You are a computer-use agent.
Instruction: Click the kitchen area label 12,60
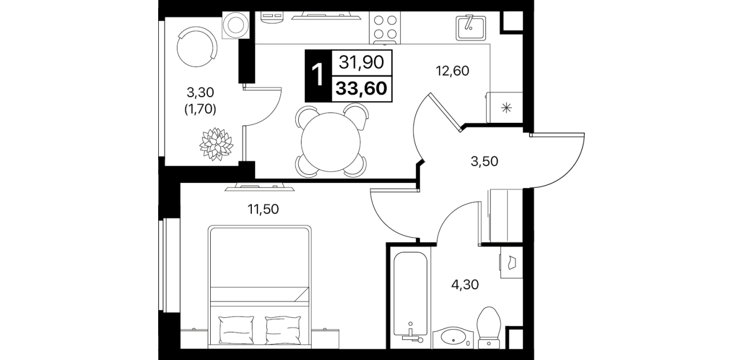pyautogui.click(x=452, y=71)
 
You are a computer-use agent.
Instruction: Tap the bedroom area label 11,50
pyautogui.click(x=263, y=209)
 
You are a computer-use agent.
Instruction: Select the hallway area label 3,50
pyautogui.click(x=484, y=162)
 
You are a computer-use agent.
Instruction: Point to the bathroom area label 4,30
pyautogui.click(x=465, y=285)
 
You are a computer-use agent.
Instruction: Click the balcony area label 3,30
pyautogui.click(x=200, y=93)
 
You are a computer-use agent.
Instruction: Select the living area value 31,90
pyautogui.click(x=361, y=62)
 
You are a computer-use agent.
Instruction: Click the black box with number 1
pyautogui.click(x=318, y=76)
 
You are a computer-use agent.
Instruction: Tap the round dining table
pyautogui.click(x=331, y=142)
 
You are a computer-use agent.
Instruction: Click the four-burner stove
pyautogui.click(x=385, y=28)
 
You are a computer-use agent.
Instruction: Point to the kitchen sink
pyautogui.click(x=471, y=27)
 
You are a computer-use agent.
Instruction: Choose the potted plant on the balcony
pyautogui.click(x=216, y=144)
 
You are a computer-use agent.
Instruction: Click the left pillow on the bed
pyautogui.click(x=236, y=330)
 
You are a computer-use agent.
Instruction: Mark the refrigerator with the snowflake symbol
pyautogui.click(x=504, y=107)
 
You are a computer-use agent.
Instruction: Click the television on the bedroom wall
pyautogui.click(x=260, y=187)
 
